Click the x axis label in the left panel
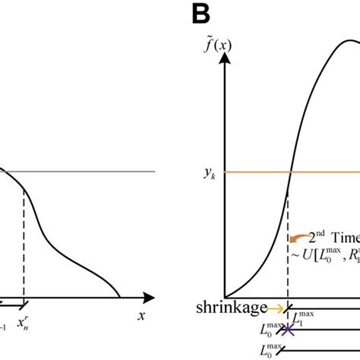141,313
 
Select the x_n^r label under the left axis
26,312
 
